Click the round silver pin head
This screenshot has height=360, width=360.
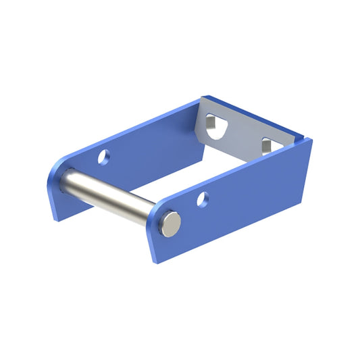point(172,223)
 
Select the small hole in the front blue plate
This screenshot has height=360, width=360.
point(202,199)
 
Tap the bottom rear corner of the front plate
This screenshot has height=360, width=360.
point(311,194)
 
